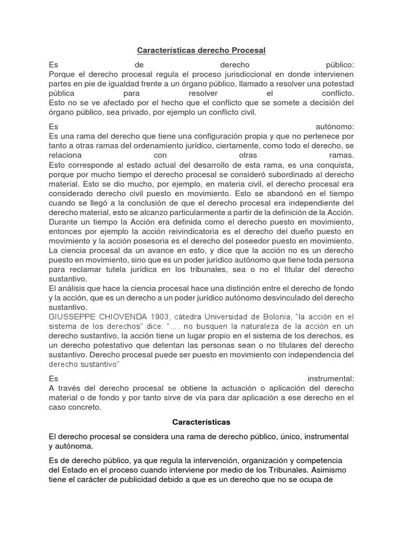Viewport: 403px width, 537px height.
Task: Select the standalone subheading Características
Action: [x=201, y=422]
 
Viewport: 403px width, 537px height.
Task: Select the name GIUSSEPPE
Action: [x=70, y=317]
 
